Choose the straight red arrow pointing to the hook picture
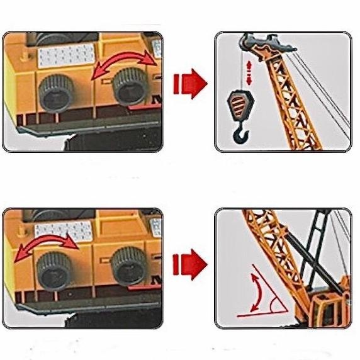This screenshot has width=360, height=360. click(x=189, y=82)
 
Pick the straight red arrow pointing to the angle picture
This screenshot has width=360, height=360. click(x=189, y=260)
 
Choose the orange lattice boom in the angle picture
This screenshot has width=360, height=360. click(x=278, y=252)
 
